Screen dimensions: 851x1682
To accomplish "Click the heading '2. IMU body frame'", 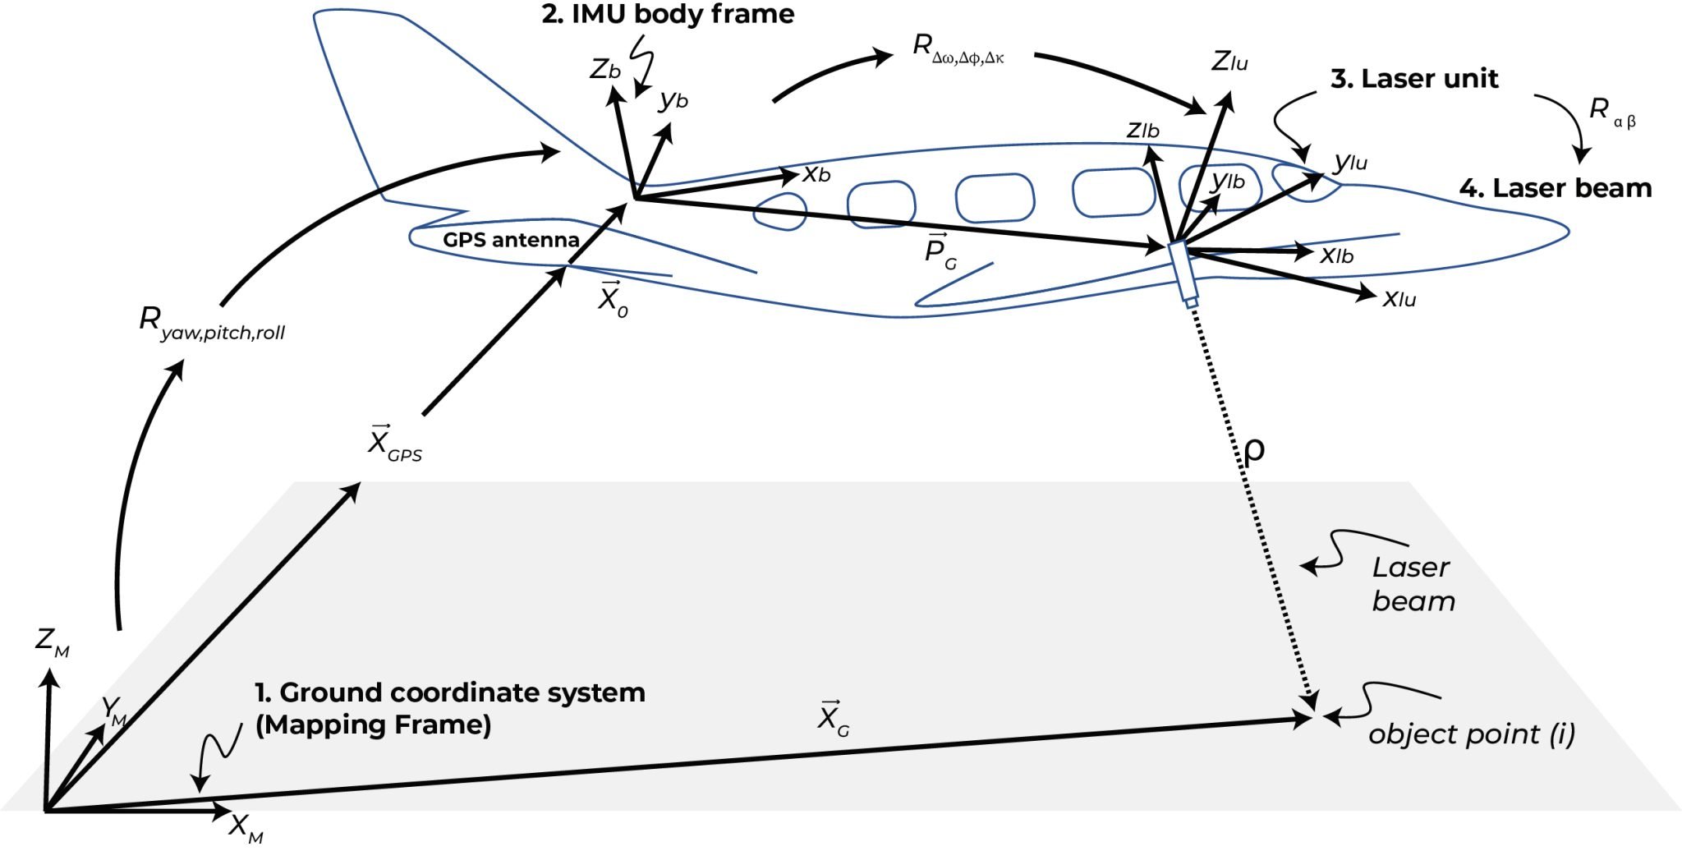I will (668, 15).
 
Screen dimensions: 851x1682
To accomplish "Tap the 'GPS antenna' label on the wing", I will (511, 240).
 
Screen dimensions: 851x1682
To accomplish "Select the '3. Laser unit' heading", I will (1414, 79).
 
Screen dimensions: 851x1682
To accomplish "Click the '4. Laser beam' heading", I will (1555, 188).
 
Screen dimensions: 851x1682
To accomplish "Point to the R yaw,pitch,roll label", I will (212, 324).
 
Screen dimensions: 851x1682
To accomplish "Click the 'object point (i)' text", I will (1471, 734).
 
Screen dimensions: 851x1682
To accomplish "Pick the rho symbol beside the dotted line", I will (1254, 450).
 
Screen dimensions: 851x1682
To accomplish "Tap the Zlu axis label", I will (1229, 62).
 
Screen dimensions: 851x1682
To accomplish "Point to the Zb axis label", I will (604, 70).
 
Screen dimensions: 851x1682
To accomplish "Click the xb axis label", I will (816, 174).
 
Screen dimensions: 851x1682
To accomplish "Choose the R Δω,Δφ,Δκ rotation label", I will (958, 48).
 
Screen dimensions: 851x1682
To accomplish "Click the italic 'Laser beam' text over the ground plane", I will (1412, 584).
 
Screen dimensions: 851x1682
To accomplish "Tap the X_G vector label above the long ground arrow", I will (833, 719).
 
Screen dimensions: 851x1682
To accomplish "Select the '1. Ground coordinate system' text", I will (450, 693).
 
